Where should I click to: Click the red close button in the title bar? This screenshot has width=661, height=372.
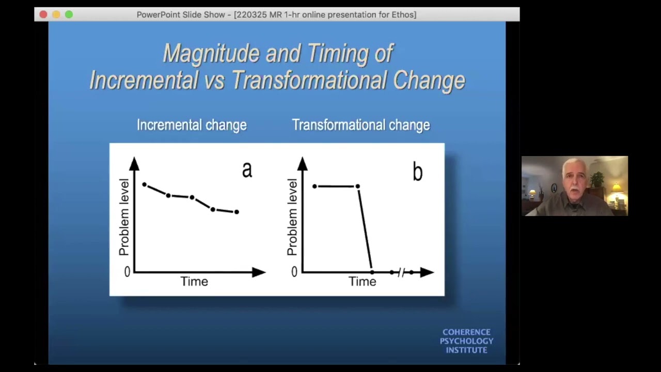coord(43,14)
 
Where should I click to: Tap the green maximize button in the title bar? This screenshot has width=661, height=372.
coord(69,14)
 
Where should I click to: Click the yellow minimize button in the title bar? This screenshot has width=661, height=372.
coord(56,14)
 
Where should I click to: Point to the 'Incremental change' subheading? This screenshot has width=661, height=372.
coord(192,125)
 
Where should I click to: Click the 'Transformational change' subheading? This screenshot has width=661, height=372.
coord(361,125)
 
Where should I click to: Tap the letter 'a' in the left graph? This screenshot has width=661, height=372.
coord(247,169)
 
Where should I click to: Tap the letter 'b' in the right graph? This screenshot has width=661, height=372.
coord(417,172)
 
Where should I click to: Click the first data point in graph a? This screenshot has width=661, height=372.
coord(145,184)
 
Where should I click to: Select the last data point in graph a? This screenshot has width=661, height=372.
coord(237,212)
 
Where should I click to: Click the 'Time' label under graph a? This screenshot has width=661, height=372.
coord(194,282)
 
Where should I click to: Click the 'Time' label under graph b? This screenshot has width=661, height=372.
coord(362,282)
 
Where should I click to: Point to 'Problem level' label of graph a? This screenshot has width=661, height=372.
coord(124,217)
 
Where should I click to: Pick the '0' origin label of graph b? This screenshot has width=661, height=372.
coord(294,272)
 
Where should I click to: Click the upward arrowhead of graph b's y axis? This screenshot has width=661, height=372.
coord(303,164)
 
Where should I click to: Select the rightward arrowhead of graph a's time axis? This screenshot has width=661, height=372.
coord(259,272)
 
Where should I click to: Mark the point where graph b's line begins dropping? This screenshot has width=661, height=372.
coord(357,186)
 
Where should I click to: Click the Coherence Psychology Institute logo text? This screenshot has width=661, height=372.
coord(466,341)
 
